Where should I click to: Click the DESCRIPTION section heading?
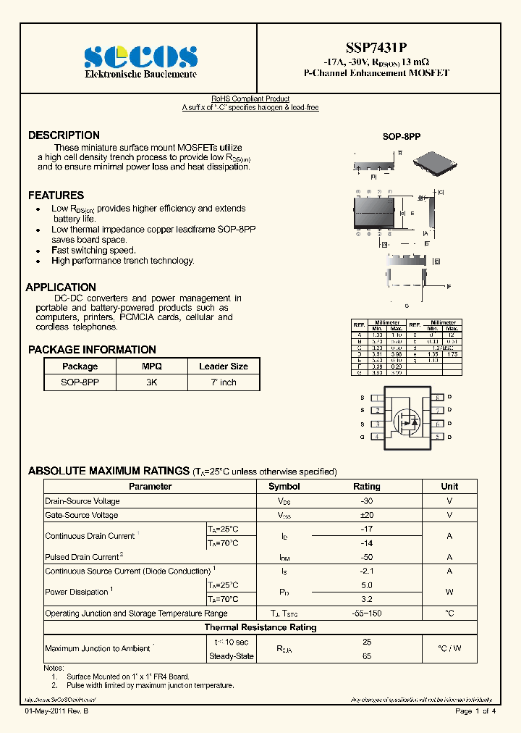64,135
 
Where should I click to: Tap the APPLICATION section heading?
61,288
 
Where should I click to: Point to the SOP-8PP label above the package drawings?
401,136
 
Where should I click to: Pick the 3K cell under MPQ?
152,382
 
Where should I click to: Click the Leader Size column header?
224,366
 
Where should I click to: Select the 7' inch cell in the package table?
224,382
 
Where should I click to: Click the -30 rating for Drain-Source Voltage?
366,501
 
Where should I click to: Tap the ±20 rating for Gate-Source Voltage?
366,515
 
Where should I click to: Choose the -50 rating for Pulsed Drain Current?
366,557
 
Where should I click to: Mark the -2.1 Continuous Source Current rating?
366,571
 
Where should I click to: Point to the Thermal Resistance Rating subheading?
260,627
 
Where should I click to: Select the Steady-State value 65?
366,655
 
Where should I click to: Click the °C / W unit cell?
449,648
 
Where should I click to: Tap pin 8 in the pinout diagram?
438,398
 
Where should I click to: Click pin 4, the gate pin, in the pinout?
377,437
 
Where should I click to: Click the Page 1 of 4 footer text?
475,711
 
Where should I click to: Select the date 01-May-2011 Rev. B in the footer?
58,711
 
